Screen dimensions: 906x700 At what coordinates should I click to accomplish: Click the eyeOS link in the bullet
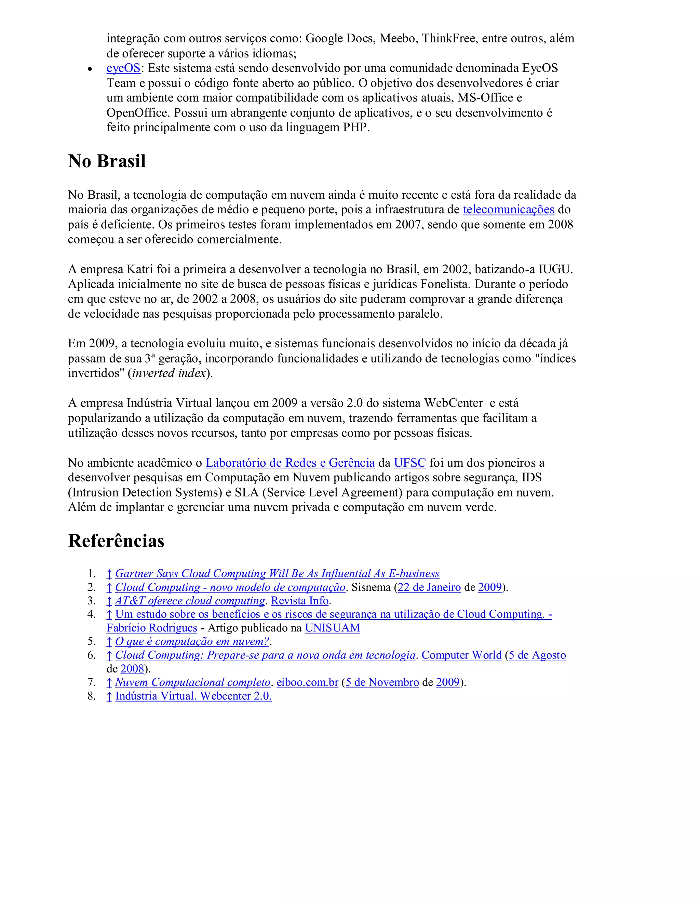point(123,68)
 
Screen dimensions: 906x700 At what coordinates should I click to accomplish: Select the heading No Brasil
point(107,161)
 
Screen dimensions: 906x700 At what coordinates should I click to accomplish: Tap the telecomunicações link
point(508,210)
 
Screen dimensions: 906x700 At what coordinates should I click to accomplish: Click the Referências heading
point(116,541)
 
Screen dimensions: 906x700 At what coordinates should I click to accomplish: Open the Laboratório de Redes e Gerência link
point(290,463)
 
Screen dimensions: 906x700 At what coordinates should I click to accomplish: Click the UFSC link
point(410,463)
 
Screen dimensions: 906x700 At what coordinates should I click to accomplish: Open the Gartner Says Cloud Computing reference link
point(277,573)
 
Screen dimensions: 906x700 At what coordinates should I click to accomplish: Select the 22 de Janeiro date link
point(429,587)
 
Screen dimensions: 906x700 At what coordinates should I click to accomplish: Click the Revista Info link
point(300,601)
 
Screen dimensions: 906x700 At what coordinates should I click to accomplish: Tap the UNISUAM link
point(332,628)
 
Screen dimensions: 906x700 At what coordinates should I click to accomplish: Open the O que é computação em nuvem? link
point(192,641)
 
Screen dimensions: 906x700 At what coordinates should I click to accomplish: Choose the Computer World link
point(461,655)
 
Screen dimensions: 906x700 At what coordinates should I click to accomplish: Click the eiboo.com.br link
point(307,682)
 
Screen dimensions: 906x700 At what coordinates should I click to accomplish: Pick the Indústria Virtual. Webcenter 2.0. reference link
point(193,696)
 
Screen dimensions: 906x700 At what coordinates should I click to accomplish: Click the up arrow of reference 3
point(109,601)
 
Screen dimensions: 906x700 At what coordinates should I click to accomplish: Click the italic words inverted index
point(169,373)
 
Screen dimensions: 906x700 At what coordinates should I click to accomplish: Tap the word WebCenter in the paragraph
point(453,403)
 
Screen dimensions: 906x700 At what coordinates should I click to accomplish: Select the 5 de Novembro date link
point(382,682)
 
